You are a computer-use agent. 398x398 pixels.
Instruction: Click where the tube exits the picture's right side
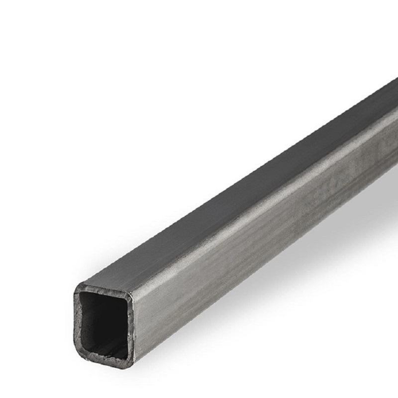(x=396, y=124)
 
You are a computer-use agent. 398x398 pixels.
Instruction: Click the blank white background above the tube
(x=149, y=99)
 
